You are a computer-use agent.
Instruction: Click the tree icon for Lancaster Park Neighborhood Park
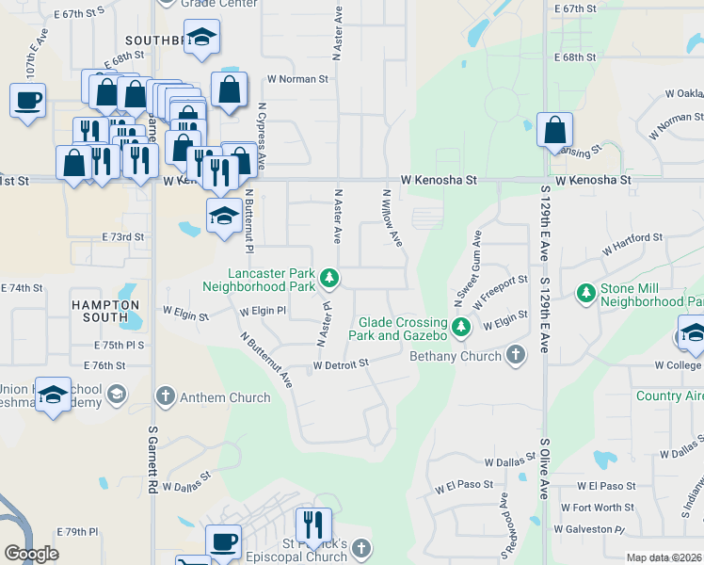tap(329, 277)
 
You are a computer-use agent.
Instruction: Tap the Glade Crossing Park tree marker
tap(460, 327)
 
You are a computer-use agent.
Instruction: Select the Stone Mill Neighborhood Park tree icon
tap(586, 294)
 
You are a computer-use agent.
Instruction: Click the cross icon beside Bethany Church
tap(514, 356)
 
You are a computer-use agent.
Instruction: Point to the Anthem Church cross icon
tap(165, 397)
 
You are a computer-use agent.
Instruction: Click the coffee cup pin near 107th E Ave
tap(28, 99)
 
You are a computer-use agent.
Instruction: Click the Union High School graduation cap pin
tap(54, 396)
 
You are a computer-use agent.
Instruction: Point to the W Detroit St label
tap(340, 363)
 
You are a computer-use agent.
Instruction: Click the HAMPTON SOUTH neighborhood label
tap(105, 312)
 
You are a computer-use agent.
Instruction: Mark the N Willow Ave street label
tap(392, 218)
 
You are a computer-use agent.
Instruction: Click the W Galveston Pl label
tap(588, 528)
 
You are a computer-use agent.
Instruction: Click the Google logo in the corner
tap(31, 554)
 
